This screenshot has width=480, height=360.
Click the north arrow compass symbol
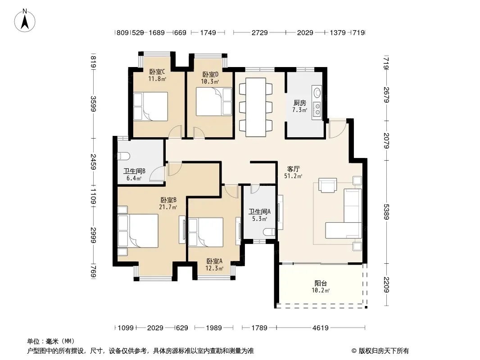tap(25, 21)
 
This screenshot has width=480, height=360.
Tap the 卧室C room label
tap(157, 72)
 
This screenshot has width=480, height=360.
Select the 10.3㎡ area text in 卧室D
tap(210, 81)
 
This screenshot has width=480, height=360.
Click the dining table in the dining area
tap(256, 107)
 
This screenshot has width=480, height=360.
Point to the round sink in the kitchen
tap(317, 92)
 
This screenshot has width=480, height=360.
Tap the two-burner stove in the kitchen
tap(317, 109)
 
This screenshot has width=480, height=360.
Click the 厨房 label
tap(299, 103)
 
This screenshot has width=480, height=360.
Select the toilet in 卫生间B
tap(124, 156)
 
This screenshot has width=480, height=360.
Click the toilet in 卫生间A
tap(269, 232)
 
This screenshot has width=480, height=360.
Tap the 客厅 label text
tap(293, 169)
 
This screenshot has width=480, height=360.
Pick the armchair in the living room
tap(327, 185)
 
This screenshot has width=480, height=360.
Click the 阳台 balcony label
tap(321, 283)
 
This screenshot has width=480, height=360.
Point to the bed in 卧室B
tap(138, 230)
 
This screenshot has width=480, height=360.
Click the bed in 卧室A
tap(206, 232)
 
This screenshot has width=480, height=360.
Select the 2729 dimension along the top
tap(260, 32)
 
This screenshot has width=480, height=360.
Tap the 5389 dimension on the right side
tap(386, 211)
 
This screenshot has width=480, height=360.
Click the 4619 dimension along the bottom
tap(321, 328)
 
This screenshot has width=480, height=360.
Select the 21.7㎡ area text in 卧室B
tap(168, 207)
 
